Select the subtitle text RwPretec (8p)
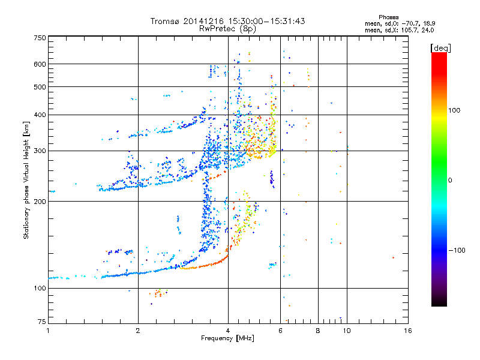(228, 28)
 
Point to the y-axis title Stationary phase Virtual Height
(26, 180)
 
